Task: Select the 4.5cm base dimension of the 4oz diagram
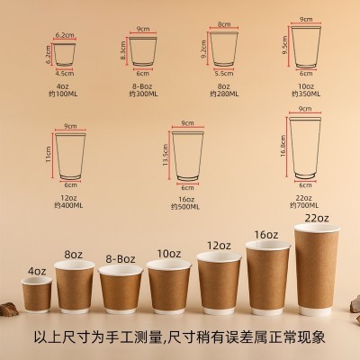pos(62,75)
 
